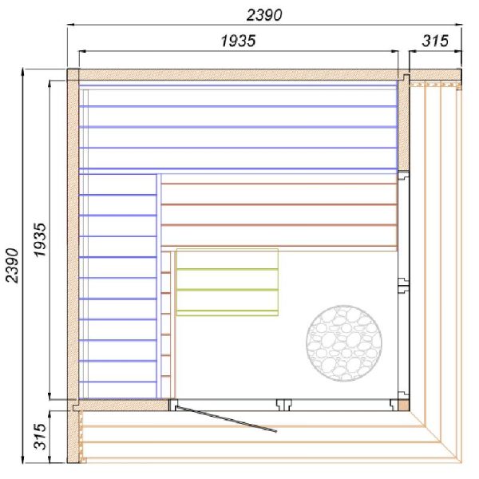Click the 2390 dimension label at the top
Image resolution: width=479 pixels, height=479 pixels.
[264, 15]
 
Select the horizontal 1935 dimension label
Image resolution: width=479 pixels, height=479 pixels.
[238, 41]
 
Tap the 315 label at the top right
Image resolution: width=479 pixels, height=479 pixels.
[435, 41]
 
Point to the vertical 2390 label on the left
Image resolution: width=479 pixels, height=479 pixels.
[13, 265]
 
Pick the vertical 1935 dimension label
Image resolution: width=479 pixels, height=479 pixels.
[40, 240]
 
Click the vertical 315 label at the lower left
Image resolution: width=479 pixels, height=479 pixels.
[40, 437]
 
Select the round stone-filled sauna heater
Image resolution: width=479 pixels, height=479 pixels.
[343, 343]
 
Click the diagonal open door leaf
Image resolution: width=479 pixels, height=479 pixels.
[226, 419]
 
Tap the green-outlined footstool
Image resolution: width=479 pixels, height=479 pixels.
[228, 283]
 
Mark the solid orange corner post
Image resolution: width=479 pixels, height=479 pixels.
[403, 406]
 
